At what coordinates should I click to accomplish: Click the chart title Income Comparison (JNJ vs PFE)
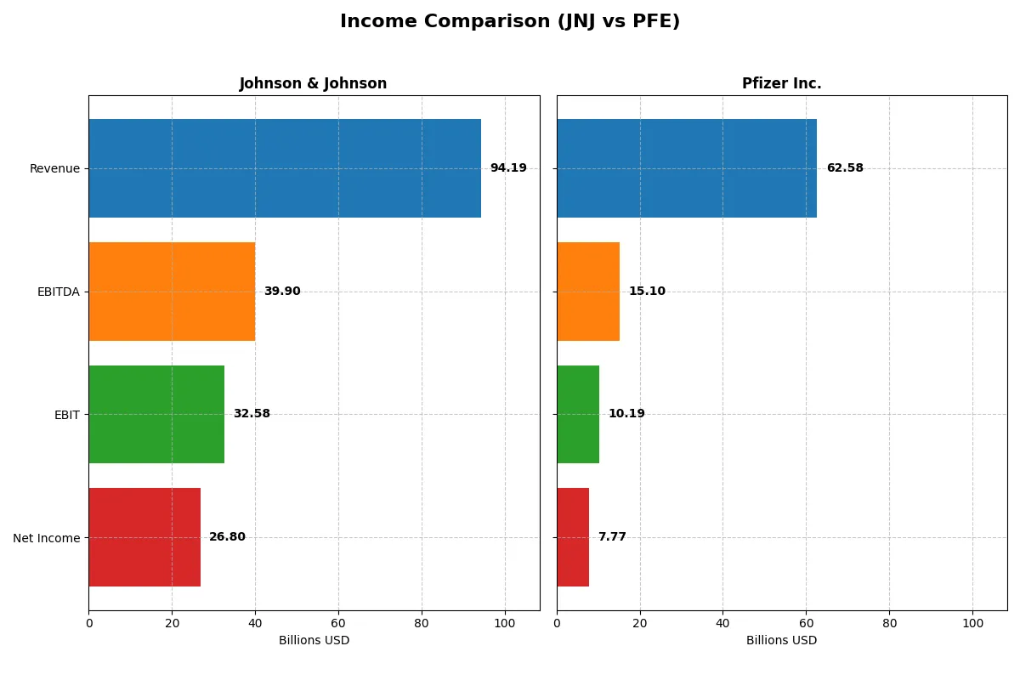click(x=510, y=22)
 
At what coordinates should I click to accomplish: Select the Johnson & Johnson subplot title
click(x=313, y=83)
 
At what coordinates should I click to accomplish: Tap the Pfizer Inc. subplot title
click(x=781, y=83)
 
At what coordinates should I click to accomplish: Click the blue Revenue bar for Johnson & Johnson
click(x=285, y=168)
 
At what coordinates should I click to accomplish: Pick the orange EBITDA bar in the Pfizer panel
click(x=588, y=292)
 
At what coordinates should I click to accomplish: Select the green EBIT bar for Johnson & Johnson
click(x=156, y=414)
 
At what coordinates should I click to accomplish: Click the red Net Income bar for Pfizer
click(x=573, y=537)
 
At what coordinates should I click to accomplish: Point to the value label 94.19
click(x=508, y=168)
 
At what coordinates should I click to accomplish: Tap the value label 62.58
click(x=845, y=168)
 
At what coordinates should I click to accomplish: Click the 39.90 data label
click(x=282, y=292)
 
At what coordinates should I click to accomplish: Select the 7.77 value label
click(x=612, y=537)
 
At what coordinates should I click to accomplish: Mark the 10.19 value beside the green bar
click(x=626, y=414)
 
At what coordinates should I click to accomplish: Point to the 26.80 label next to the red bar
click(x=227, y=537)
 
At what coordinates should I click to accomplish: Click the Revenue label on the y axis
click(x=54, y=168)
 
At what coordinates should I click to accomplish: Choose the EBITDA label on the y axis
click(x=59, y=292)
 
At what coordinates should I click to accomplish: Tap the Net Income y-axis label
click(x=47, y=537)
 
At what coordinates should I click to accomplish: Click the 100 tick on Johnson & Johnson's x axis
click(x=505, y=623)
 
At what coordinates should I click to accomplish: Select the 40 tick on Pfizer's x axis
click(x=722, y=623)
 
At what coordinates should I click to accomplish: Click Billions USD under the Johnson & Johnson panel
click(x=314, y=641)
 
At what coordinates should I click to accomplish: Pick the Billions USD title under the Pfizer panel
click(x=781, y=641)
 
